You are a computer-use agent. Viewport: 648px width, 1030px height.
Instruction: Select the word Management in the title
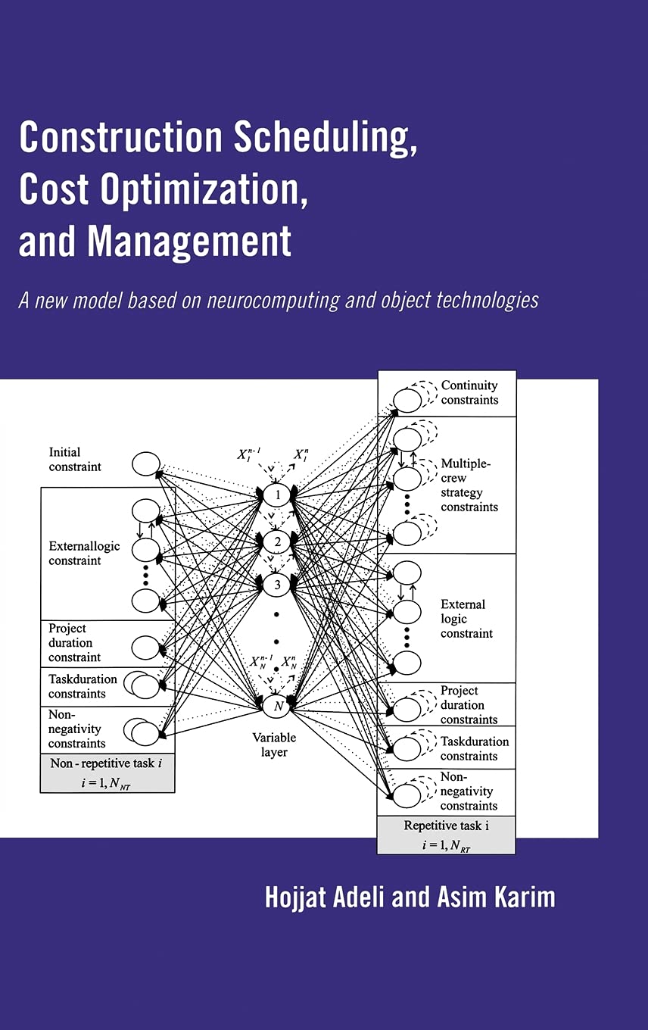pyautogui.click(x=189, y=242)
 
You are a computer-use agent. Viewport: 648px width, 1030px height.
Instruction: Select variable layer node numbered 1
pyautogui.click(x=277, y=495)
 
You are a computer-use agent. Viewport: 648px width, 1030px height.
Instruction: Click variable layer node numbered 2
pyautogui.click(x=277, y=542)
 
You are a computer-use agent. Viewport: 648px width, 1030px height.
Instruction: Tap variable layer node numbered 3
pyautogui.click(x=277, y=585)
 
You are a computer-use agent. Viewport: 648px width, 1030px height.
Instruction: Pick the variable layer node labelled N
pyautogui.click(x=277, y=706)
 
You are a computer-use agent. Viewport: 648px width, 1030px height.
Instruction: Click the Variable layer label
pyautogui.click(x=274, y=744)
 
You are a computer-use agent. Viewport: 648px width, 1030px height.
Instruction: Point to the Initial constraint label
pyautogui.click(x=75, y=460)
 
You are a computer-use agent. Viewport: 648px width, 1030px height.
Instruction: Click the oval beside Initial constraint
pyautogui.click(x=145, y=463)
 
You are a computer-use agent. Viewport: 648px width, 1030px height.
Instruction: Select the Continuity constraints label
pyautogui.click(x=469, y=392)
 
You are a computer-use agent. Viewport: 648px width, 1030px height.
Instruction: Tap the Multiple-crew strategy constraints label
pyautogui.click(x=469, y=485)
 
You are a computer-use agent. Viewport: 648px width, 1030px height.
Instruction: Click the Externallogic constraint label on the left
pyautogui.click(x=84, y=554)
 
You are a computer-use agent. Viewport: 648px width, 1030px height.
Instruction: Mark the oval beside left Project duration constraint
pyautogui.click(x=145, y=648)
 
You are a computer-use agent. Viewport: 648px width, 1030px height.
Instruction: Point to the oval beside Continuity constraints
pyautogui.click(x=407, y=399)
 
